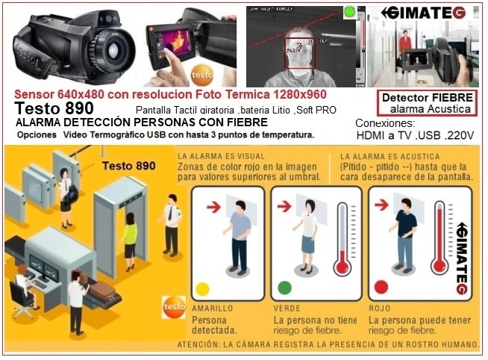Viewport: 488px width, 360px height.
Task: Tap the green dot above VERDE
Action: (x=284, y=288)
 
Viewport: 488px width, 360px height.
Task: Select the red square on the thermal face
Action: (x=302, y=54)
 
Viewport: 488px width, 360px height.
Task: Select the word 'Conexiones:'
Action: (x=384, y=122)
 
